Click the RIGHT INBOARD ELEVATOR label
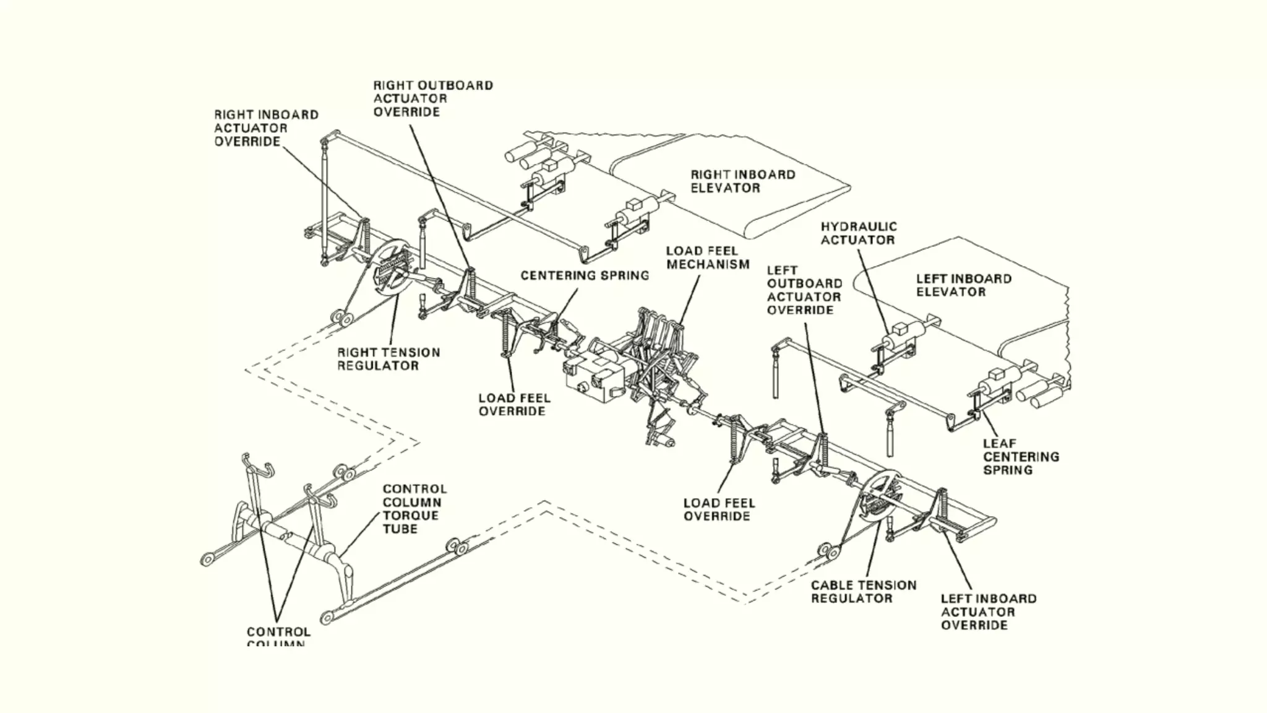pos(742,181)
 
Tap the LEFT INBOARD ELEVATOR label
pos(963,285)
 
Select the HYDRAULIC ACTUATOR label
pos(858,233)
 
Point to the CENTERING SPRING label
pos(585,275)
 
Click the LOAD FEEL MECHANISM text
pos(707,257)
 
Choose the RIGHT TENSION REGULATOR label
pos(388,359)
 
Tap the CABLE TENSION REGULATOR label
pos(863,592)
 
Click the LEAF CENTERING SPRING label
pos(1020,457)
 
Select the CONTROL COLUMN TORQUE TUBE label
pos(414,509)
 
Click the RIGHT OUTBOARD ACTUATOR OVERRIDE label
pos(432,98)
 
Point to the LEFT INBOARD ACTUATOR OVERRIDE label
pos(988,611)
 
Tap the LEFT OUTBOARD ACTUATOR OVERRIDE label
pos(804,290)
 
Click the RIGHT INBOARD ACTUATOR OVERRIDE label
pos(266,128)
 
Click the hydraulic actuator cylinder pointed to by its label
pos(900,339)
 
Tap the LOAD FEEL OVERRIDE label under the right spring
pos(513,405)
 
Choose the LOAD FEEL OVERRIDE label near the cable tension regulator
pos(718,510)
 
